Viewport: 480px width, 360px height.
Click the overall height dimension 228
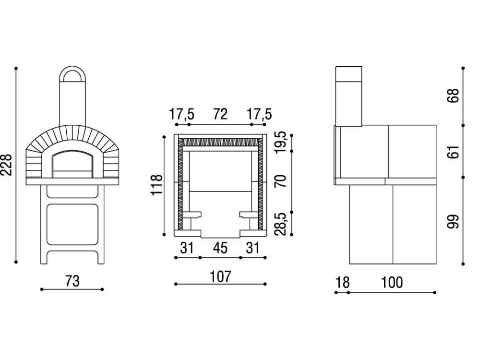(6, 165)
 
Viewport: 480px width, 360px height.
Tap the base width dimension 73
(72, 281)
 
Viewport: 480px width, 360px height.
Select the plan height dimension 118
(156, 184)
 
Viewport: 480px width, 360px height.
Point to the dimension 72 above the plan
(220, 114)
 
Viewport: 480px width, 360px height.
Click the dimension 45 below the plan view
(220, 248)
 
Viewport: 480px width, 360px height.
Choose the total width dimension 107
(220, 276)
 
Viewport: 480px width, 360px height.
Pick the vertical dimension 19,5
(280, 142)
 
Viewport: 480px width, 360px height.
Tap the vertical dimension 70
(280, 181)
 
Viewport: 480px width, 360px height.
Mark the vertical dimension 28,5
(280, 224)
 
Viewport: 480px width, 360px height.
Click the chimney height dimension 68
(454, 96)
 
